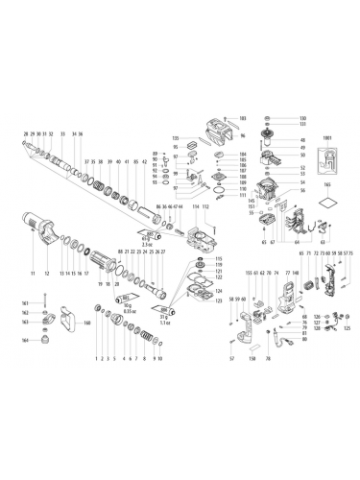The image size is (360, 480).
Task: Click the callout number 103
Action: (x=241, y=117)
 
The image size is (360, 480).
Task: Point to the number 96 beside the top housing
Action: (x=243, y=136)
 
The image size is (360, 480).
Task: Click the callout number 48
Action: (x=276, y=140)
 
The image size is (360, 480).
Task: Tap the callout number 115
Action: (x=218, y=259)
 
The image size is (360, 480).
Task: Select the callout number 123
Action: (x=218, y=302)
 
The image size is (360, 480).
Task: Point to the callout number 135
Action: (x=176, y=137)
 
